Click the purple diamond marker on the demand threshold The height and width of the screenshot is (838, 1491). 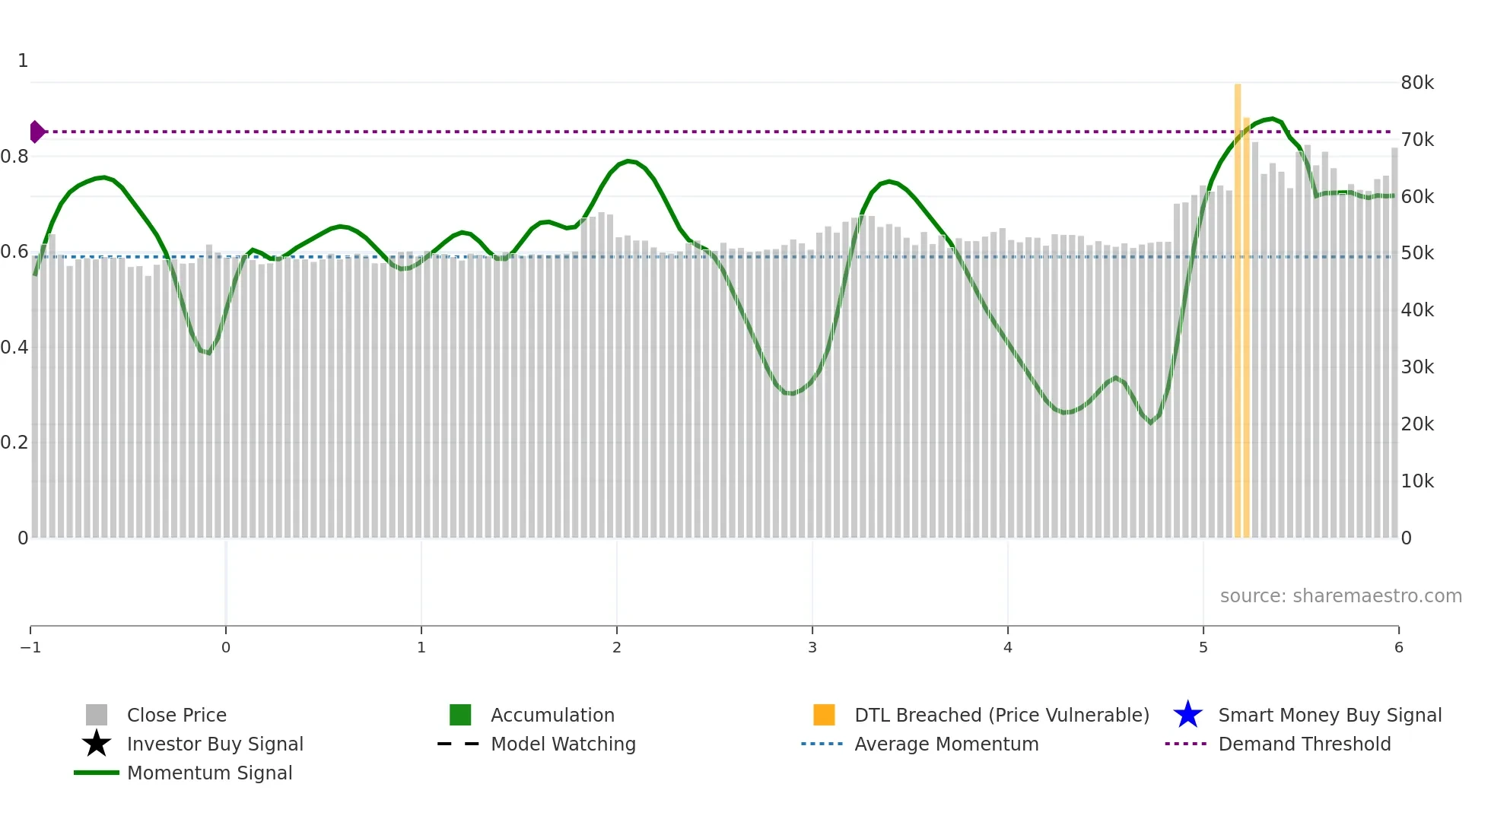coord(37,132)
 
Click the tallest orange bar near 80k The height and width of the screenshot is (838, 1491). coord(1238,304)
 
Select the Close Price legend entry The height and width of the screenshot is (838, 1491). coord(176,715)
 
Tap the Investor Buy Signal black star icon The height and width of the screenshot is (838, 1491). coord(97,744)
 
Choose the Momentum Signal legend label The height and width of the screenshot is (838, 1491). coord(209,773)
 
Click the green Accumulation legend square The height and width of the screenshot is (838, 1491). coord(460,715)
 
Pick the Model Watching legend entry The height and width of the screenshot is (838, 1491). coord(563,744)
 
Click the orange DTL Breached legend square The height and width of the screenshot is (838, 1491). coord(824,715)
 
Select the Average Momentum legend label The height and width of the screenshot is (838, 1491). coord(946,744)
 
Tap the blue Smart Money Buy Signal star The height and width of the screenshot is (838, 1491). coord(1187,715)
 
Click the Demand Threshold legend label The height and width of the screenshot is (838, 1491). coord(1304,744)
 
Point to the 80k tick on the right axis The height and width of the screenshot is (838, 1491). coord(1417,83)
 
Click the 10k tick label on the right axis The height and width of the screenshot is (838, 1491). coord(1417,481)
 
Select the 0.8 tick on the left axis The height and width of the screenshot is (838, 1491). coord(14,157)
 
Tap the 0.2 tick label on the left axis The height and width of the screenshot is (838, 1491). coord(14,443)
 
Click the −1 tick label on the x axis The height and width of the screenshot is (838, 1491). coord(30,647)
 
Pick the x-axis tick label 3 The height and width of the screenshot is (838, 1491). coord(812,647)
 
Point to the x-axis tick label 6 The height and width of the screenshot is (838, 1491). coord(1398,647)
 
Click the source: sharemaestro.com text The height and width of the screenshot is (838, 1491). coord(1340,595)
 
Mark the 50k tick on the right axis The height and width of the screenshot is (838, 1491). coord(1417,253)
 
